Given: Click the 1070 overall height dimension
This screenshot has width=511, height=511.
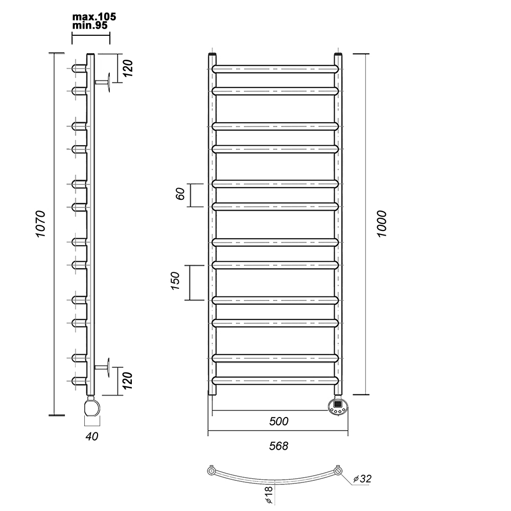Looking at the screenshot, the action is [41, 224].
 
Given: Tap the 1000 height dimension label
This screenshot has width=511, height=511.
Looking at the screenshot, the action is [382, 224].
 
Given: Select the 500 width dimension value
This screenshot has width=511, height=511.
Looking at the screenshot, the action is [278, 422].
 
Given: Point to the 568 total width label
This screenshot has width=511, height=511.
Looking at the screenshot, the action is [278, 446].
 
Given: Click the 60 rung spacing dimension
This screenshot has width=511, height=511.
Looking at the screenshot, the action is [180, 194].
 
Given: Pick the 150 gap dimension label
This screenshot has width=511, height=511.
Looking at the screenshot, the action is [175, 281].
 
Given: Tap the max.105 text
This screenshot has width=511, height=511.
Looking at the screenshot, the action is [94, 17].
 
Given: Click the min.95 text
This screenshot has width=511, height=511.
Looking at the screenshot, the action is [89, 26].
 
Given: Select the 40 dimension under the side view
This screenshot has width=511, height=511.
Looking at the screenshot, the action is [92, 436].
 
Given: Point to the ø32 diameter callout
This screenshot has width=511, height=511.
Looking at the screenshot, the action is [362, 478].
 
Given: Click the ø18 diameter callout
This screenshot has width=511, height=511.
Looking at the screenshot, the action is [269, 495].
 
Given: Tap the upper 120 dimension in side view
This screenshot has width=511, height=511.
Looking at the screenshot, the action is [128, 68].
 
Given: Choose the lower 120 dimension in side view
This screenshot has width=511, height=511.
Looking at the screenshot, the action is [128, 380].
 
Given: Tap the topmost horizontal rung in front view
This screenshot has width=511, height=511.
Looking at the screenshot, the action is [275, 69].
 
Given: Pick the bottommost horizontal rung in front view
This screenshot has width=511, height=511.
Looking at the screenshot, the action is [275, 381].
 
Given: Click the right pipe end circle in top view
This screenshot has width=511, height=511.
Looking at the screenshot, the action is [338, 471].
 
